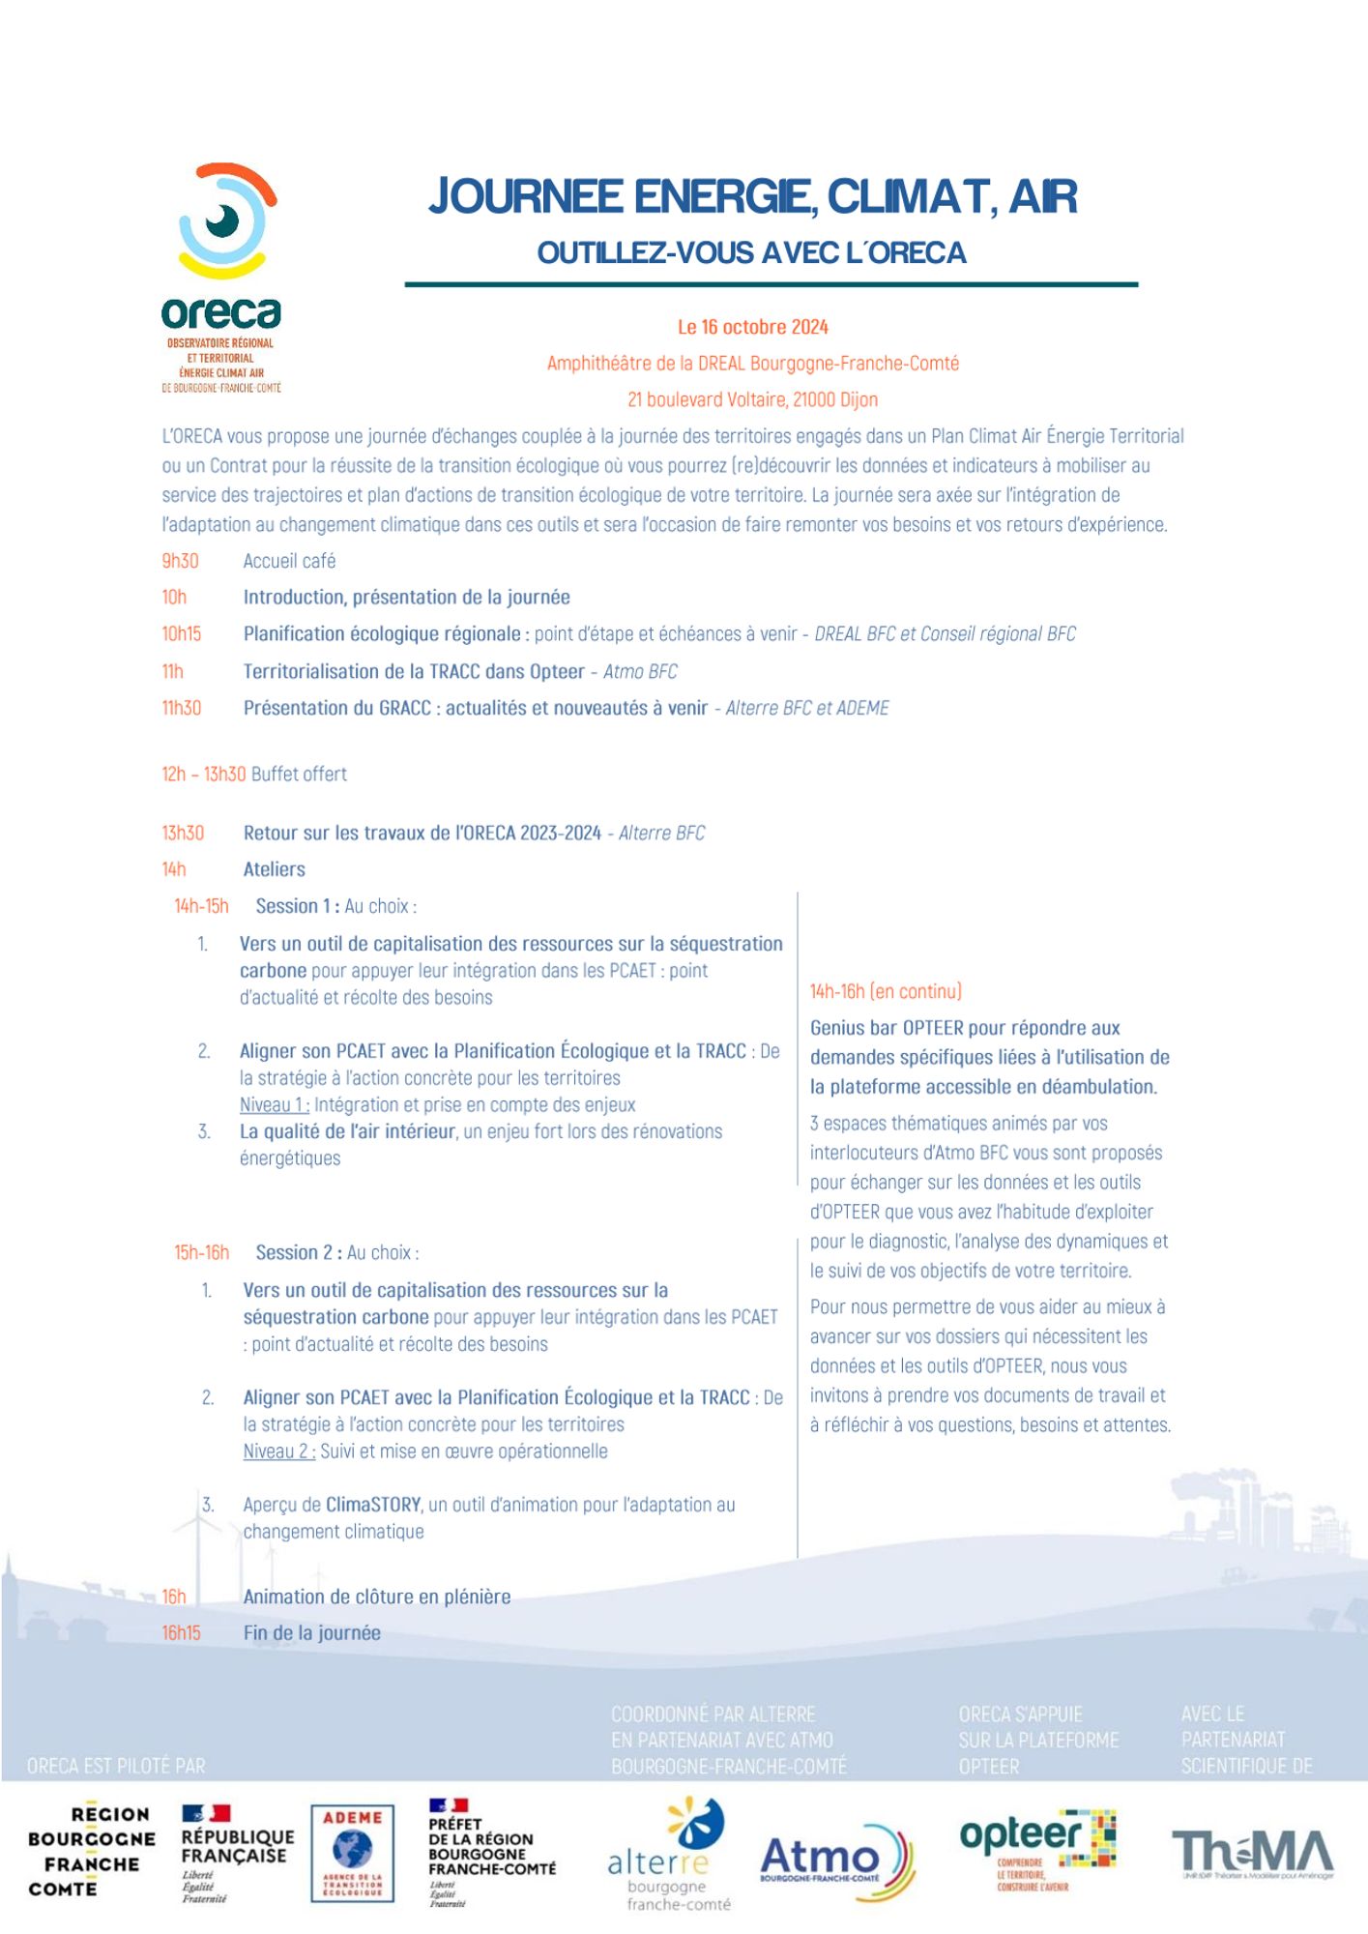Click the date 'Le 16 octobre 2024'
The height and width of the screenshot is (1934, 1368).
click(752, 327)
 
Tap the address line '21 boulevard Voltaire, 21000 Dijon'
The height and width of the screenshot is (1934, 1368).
click(752, 399)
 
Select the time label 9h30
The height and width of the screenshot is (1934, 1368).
click(180, 561)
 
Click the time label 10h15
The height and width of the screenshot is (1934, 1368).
click(182, 634)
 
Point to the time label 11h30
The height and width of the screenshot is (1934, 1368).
click(182, 708)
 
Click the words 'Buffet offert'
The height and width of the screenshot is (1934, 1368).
click(299, 774)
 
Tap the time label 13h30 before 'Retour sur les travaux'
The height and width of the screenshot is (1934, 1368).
click(183, 833)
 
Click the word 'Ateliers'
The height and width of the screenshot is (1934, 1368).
click(274, 869)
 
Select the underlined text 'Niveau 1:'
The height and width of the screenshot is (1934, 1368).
click(275, 1104)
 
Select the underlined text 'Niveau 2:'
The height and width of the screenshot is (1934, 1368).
click(278, 1450)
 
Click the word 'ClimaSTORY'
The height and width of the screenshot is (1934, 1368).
click(373, 1505)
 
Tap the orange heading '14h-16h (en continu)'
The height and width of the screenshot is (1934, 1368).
click(886, 991)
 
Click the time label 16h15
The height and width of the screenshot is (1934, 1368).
click(181, 1632)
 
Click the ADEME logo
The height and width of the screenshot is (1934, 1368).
click(352, 1853)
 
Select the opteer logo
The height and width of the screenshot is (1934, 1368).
click(1036, 1849)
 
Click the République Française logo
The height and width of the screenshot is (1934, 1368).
click(237, 1851)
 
